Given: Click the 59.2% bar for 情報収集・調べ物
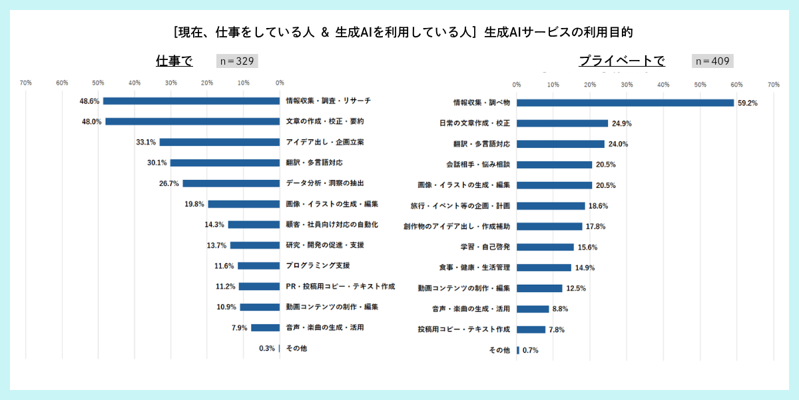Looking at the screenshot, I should point(625,103).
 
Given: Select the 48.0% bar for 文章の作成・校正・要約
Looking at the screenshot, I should point(192,121).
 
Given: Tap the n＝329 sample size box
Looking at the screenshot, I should point(237,61).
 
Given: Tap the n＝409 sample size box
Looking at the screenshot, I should point(712,61).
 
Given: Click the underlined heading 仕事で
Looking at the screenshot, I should point(174,61).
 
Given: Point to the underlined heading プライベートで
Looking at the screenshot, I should point(621,61).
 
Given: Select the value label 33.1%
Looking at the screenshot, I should point(146,142).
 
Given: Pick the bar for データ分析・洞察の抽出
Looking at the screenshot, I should point(231,183).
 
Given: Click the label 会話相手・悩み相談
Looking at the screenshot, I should point(477,165).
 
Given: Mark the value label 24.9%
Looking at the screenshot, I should point(621,123).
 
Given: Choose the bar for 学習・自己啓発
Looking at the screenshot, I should point(545,247).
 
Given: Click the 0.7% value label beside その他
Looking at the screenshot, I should point(531,350).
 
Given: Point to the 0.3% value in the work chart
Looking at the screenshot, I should point(267,348).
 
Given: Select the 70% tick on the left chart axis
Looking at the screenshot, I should point(26,83).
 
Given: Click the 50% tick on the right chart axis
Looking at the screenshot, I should point(700,85).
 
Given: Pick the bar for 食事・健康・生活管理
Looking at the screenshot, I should point(543,267).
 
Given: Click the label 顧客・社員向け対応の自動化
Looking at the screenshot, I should point(332,224).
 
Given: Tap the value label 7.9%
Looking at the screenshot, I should point(239,327).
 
